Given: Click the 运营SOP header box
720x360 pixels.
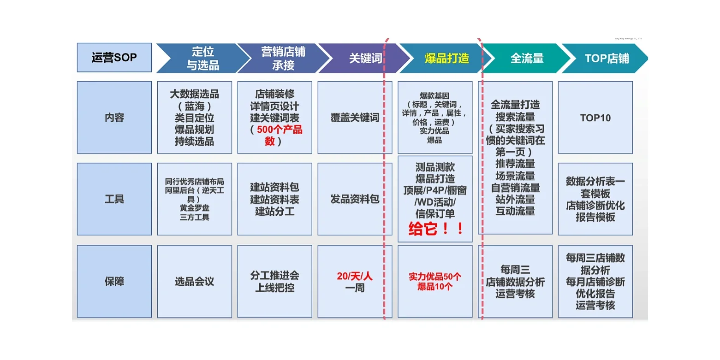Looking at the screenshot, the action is (114, 58).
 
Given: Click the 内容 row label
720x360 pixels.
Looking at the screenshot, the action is (114, 118).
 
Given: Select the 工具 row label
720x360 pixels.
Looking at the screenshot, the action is (114, 199).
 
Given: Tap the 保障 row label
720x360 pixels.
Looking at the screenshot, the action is (114, 281).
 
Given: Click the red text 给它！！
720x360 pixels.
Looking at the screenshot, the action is (435, 229).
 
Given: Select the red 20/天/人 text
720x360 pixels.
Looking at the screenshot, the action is (354, 276).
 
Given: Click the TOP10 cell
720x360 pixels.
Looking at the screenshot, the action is (595, 118).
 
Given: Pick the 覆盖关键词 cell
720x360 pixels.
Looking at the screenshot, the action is (355, 118).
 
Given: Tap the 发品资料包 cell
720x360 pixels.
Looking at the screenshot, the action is (355, 199).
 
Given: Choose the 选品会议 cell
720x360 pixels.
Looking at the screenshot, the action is (194, 282).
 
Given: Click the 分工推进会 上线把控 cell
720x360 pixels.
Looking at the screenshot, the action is (274, 282).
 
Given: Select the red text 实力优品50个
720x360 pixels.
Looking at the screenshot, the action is (434, 277).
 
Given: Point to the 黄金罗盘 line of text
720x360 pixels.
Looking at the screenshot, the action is (194, 208).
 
